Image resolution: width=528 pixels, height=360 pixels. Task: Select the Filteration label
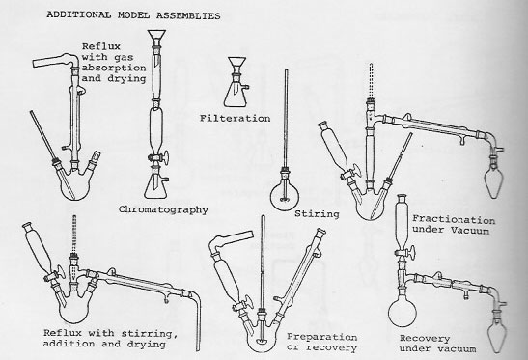235,118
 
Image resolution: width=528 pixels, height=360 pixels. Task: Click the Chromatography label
163,209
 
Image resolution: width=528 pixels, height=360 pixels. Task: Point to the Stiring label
317,214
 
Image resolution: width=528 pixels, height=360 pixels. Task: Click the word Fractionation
454,219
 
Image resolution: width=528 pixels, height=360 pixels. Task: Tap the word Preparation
322,337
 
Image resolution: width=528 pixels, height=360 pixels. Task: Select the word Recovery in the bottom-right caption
425,339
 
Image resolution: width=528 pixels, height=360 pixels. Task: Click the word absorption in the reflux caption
114,68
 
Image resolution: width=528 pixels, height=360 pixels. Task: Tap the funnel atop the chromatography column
156,37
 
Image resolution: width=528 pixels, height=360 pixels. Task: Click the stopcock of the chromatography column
158,157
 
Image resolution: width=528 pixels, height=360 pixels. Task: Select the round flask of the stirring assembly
285,196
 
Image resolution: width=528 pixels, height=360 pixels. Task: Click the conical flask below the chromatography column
154,187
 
